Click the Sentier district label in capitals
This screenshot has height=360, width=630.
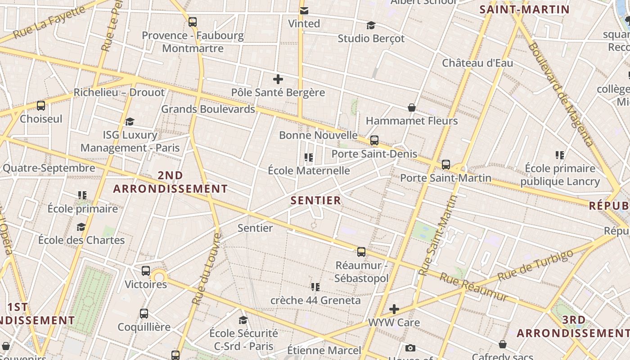pyautogui.click(x=316, y=200)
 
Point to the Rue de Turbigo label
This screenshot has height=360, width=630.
pyautogui.click(x=535, y=266)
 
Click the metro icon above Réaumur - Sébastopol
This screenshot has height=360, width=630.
pyautogui.click(x=361, y=252)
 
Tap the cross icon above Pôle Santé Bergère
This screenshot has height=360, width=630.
pyautogui.click(x=278, y=80)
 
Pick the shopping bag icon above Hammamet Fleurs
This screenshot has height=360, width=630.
pyautogui.click(x=411, y=108)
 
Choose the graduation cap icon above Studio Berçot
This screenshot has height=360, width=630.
pyautogui.click(x=371, y=25)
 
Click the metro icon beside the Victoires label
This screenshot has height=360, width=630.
pyautogui.click(x=146, y=271)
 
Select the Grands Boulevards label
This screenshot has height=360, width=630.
pyautogui.click(x=208, y=109)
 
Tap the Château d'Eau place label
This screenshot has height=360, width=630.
pyautogui.click(x=477, y=63)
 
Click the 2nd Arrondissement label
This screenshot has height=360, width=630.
pyautogui.click(x=170, y=182)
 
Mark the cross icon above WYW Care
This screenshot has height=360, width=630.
pyautogui.click(x=394, y=309)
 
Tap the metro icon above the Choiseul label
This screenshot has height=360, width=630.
pyautogui.click(x=41, y=106)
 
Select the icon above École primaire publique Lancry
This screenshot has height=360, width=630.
pyautogui.click(x=560, y=155)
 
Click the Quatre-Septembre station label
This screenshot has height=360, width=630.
pyautogui.click(x=49, y=168)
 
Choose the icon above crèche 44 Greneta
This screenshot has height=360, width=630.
pyautogui.click(x=315, y=287)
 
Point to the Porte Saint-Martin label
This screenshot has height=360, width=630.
pyautogui.click(x=445, y=178)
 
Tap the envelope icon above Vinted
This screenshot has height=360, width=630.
pyautogui.click(x=304, y=11)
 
